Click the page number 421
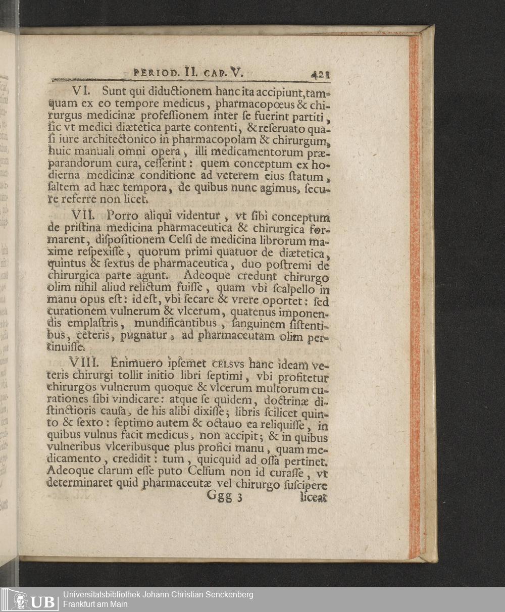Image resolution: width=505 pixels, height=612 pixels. (320, 75)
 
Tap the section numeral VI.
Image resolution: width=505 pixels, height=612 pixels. (81, 91)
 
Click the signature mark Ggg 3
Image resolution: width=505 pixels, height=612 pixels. (225, 497)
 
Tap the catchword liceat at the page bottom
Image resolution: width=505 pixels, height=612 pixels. (313, 497)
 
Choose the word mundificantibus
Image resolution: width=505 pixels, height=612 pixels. (175, 323)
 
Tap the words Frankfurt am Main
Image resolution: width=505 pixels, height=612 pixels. (95, 604)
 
